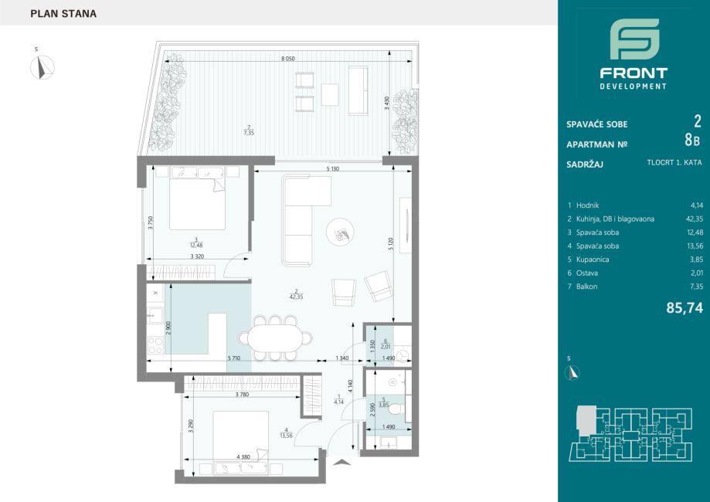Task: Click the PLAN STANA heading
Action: point(63,14)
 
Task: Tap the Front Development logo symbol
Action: point(634,39)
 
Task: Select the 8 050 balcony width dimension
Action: point(288,59)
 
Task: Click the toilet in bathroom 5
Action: point(398,409)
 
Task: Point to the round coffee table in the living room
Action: point(341,232)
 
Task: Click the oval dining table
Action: point(275,337)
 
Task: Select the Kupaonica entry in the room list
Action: point(593,259)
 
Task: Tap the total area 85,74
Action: point(685,308)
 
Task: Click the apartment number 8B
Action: point(692,140)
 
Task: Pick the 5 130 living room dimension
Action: point(333,169)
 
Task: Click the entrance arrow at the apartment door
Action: point(343,462)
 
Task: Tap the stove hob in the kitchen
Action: point(155,345)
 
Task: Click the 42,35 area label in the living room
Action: point(296,297)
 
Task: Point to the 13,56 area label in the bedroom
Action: point(286,436)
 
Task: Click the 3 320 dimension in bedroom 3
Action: point(197,256)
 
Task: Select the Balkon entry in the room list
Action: point(587,287)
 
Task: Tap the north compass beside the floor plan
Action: point(42,67)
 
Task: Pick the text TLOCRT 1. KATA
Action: point(674,162)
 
